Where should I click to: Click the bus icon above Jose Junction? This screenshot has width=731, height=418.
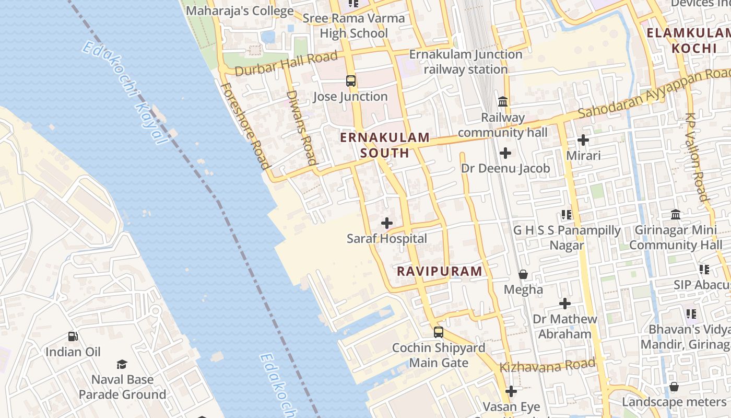pos(351,81)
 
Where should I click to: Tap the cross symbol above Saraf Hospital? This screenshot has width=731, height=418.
pos(387,223)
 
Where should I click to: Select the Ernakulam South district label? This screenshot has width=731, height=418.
pos(385,145)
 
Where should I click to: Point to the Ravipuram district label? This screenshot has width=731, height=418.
pos(440,271)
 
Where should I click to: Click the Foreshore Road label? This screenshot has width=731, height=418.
pos(245,126)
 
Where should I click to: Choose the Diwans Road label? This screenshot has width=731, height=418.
pos(302,127)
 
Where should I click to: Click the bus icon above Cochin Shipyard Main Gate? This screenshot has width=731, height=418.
pos(439,332)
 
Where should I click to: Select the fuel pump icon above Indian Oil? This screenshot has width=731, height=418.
pos(73,336)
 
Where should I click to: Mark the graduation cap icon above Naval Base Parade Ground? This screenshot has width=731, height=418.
pos(122,364)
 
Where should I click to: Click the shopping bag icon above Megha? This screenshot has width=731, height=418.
pos(523,274)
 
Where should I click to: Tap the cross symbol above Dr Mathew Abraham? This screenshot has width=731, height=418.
pos(565,304)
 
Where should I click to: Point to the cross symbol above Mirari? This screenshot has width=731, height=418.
pos(583,140)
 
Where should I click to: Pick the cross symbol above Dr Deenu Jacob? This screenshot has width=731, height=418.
pos(505,153)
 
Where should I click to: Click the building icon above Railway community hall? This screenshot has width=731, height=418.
pos(503,101)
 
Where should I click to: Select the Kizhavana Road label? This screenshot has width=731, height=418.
pos(547,365)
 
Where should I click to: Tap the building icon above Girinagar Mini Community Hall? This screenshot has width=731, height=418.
pos(676,215)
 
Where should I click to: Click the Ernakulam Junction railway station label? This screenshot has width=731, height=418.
pos(465,62)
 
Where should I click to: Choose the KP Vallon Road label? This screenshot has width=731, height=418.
pos(698,157)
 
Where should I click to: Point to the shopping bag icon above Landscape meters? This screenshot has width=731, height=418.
pos(674,387)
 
